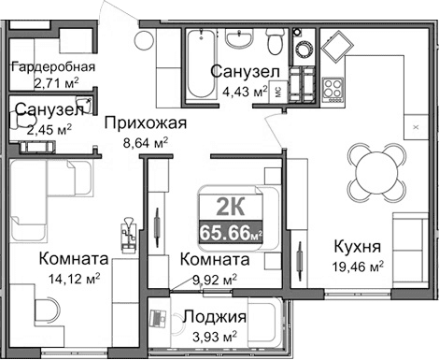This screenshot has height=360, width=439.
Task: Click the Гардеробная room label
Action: tap(54, 66)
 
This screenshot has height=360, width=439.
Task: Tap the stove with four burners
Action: tap(333, 90)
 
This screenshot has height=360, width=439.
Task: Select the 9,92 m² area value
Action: tap(214, 278)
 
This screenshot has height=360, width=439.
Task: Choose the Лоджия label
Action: tap(214, 317)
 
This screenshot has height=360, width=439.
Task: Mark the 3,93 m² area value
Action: tap(214, 336)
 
